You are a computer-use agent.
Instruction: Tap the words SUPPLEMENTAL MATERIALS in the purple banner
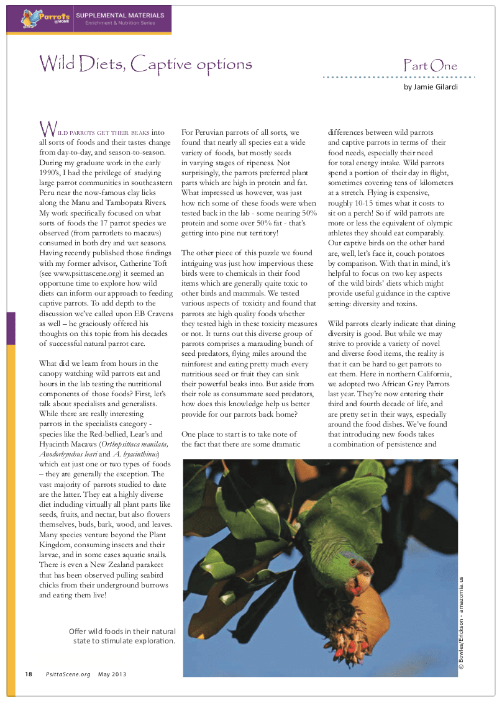click(121, 15)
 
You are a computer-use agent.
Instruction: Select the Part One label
click(430, 66)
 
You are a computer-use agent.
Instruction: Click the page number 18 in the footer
click(29, 674)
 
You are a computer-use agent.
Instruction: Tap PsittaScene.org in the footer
click(68, 674)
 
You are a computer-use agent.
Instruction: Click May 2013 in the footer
click(113, 674)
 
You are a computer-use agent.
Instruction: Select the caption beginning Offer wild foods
click(123, 636)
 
